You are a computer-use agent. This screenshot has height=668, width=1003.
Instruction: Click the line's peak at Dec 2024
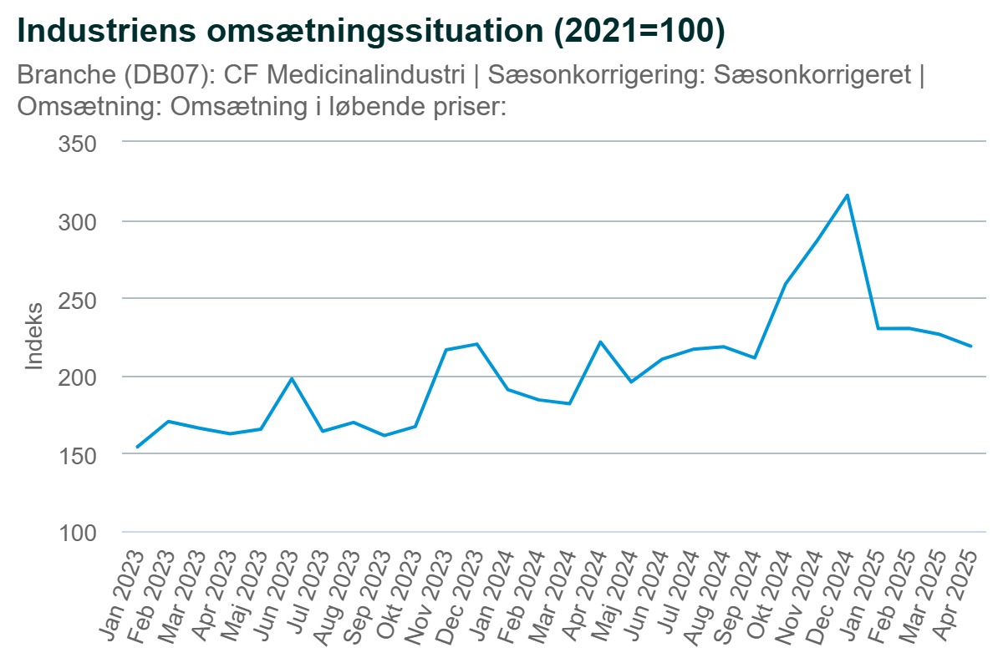click(x=848, y=195)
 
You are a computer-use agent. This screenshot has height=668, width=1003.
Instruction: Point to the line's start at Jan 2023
click(x=138, y=447)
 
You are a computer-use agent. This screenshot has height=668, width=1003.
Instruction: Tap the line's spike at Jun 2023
click(x=292, y=378)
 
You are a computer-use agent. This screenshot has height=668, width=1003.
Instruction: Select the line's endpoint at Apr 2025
click(x=970, y=346)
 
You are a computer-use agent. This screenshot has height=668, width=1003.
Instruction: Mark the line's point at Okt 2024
click(x=786, y=284)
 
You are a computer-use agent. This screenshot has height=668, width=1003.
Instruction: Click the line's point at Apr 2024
click(x=600, y=342)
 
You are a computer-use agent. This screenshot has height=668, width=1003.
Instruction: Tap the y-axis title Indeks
click(x=33, y=337)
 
